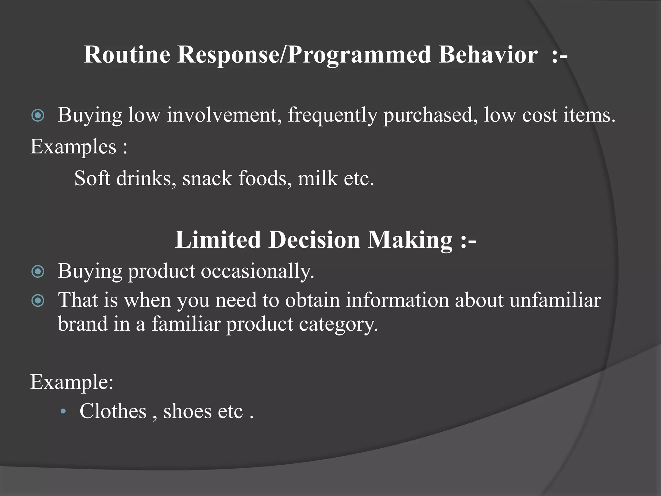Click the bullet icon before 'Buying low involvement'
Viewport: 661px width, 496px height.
38,115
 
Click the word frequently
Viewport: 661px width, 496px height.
332,116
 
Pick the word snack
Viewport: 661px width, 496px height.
207,178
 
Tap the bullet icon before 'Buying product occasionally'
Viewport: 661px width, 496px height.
38,272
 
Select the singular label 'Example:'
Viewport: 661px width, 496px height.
72,382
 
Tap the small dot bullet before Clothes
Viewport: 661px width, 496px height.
64,412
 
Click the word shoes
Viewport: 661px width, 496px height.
187,411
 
